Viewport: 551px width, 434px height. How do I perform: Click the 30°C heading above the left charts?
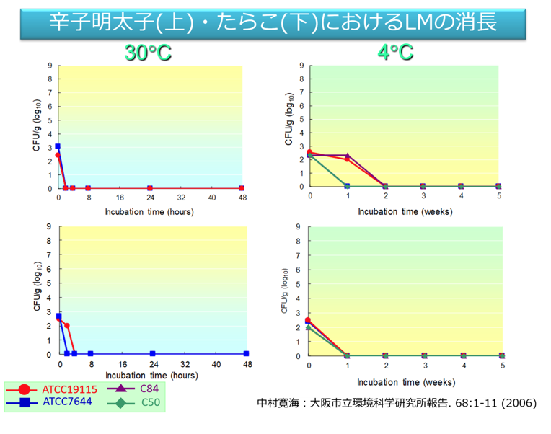click(x=148, y=52)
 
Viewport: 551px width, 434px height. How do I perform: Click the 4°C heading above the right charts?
click(x=395, y=52)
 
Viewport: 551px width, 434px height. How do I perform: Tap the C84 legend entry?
click(x=137, y=389)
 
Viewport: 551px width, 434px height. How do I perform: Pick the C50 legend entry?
click(x=137, y=401)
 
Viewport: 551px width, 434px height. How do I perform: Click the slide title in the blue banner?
click(x=274, y=22)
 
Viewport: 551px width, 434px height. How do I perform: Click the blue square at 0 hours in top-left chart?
click(x=58, y=146)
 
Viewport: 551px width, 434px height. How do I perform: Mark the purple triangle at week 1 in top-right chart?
click(x=348, y=156)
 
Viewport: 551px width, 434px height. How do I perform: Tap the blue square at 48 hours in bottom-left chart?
click(x=247, y=353)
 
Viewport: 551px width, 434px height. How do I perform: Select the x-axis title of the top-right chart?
click(x=404, y=212)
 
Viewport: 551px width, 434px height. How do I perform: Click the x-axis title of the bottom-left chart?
click(x=151, y=376)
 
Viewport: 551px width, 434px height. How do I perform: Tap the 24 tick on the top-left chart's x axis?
click(x=150, y=198)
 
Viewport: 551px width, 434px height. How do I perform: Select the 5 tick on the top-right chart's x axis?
click(x=498, y=196)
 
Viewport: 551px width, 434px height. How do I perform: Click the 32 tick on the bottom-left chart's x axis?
click(x=184, y=364)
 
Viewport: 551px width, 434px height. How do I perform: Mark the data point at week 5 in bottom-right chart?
click(x=502, y=355)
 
